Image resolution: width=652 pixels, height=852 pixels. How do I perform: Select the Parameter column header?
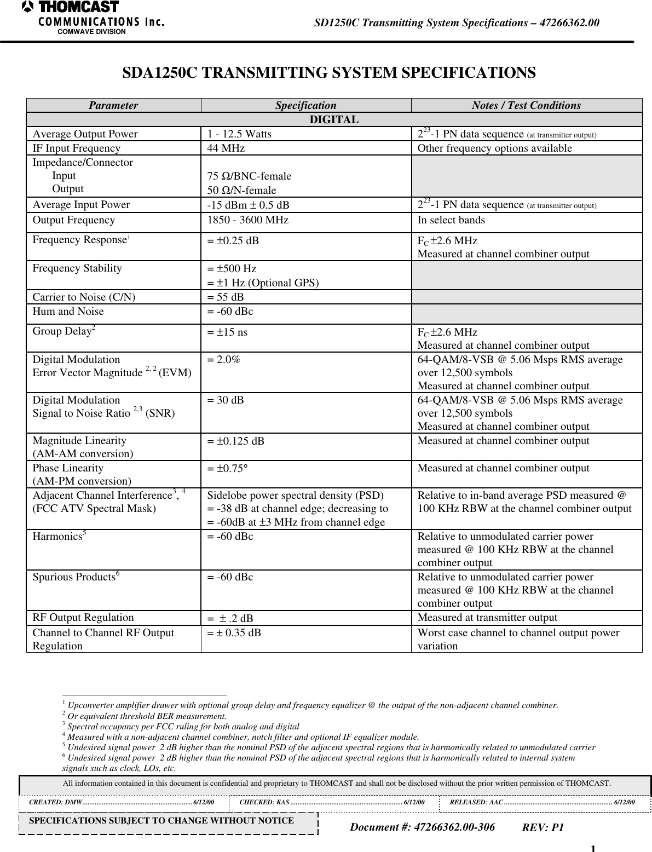[113, 106]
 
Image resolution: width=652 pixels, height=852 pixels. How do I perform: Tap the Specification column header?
[305, 106]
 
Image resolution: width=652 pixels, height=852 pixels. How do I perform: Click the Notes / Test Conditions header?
[526, 106]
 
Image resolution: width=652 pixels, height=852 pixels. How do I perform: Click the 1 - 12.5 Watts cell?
[239, 134]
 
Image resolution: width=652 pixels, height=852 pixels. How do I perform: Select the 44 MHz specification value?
[226, 148]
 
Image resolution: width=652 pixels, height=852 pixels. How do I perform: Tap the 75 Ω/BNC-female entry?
[249, 176]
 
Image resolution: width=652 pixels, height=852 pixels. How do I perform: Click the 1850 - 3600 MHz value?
[247, 220]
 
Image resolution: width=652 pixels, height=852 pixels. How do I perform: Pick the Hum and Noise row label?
[68, 312]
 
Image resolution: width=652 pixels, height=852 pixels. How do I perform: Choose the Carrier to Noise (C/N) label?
[84, 297]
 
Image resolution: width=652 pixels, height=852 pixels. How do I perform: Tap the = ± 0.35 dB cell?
[234, 633]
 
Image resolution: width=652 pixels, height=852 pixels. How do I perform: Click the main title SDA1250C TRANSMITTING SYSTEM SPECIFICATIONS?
[328, 73]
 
